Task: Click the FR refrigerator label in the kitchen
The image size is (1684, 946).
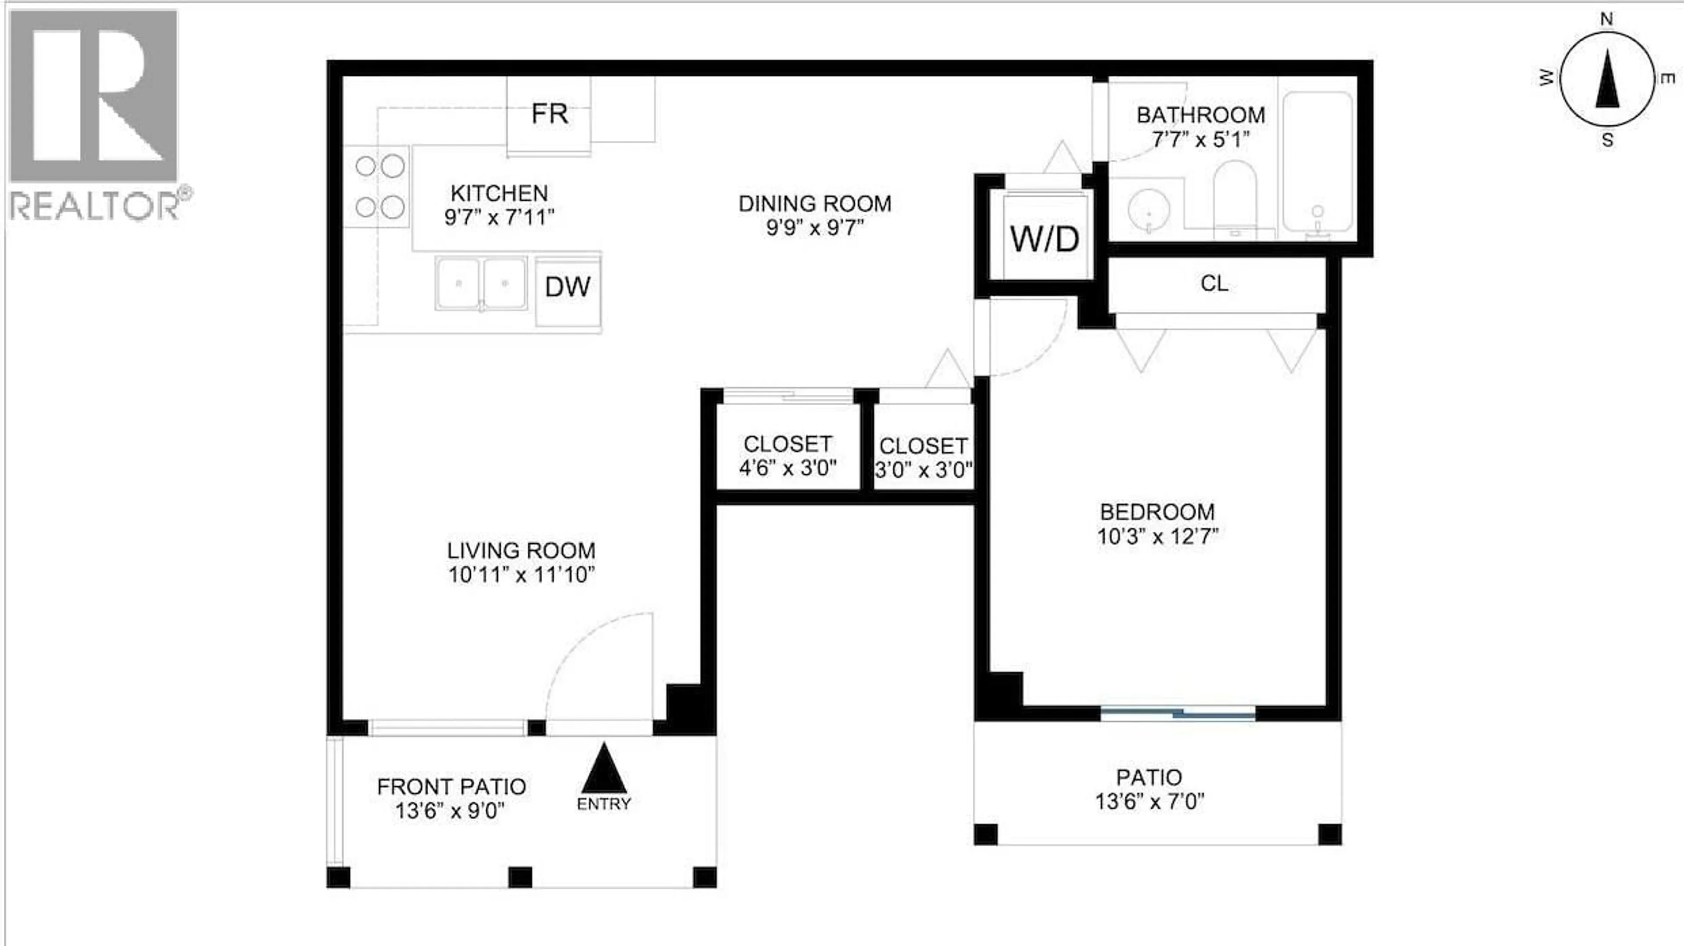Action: point(549,114)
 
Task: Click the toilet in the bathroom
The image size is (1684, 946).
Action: point(1234,196)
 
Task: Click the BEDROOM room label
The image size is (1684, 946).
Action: point(1157,512)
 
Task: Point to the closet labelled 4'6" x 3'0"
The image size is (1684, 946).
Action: point(788,456)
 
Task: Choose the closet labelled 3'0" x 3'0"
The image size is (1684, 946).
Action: point(923,457)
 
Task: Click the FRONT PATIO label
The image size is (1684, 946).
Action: point(451,786)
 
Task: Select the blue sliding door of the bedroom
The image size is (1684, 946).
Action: point(1178,713)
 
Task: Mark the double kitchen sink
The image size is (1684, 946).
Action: point(481,283)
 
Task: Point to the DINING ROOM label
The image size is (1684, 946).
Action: point(814,204)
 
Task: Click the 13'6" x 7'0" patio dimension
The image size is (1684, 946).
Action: point(1149,802)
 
